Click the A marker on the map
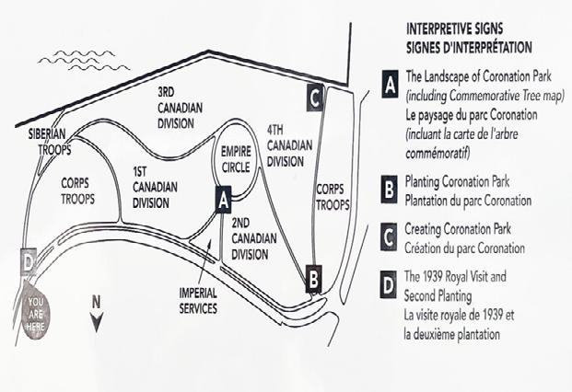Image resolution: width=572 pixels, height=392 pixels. click(221, 199)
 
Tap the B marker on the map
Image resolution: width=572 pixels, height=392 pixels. click(314, 273)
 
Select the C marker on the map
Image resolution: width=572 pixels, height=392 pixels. click(315, 96)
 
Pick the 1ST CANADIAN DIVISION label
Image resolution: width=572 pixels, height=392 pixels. click(154, 188)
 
